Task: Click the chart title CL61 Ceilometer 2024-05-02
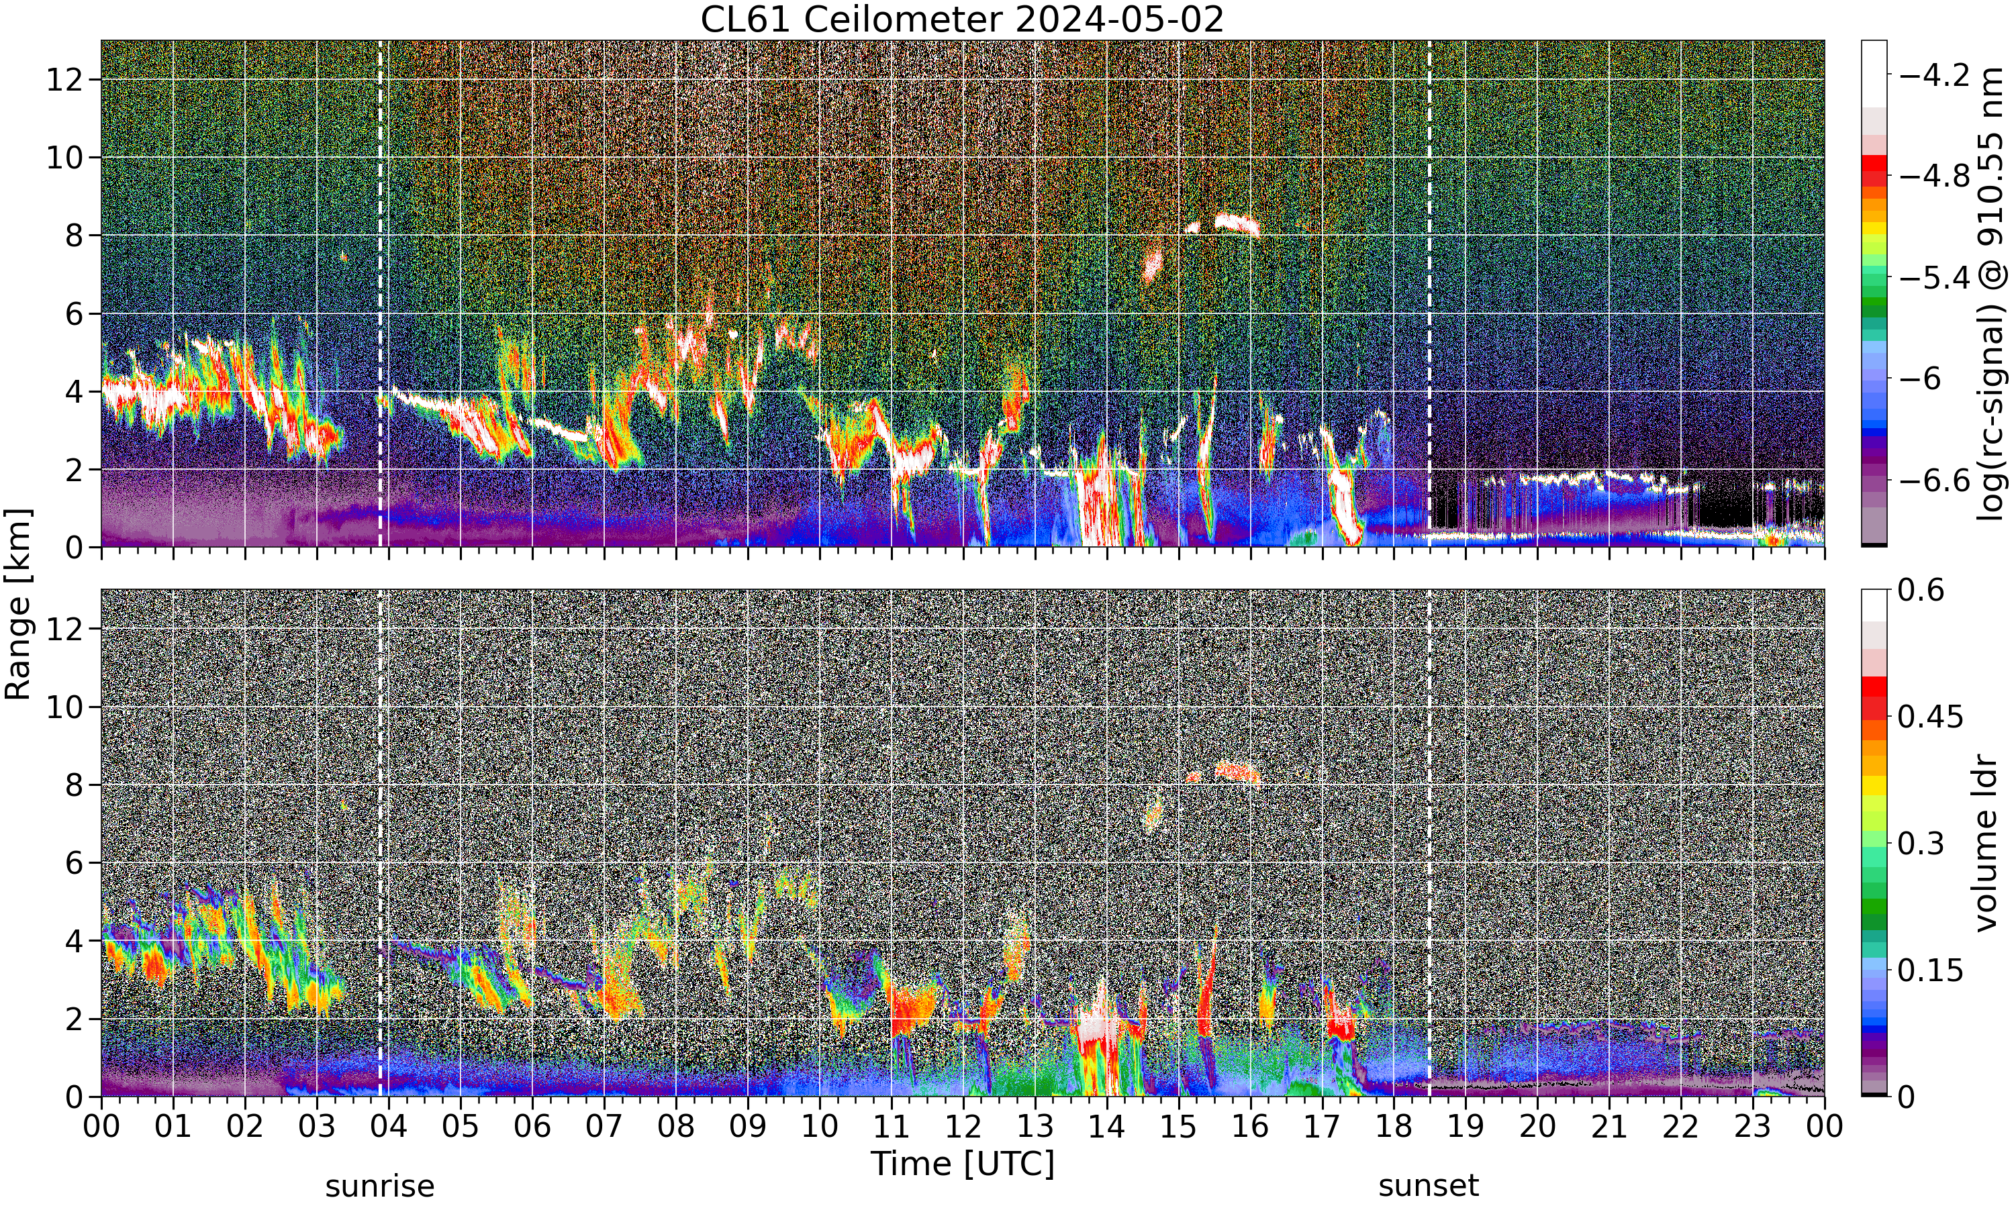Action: click(961, 19)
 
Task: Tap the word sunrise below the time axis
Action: click(379, 1186)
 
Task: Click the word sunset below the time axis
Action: click(1429, 1186)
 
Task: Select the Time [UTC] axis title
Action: click(962, 1163)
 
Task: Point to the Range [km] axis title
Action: click(18, 605)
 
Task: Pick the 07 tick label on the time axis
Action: click(604, 1127)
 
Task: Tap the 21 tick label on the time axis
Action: click(1609, 1127)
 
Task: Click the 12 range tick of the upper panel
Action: click(64, 80)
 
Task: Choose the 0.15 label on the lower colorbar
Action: click(1931, 970)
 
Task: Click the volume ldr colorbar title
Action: click(1987, 844)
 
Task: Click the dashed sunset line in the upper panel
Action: click(1429, 294)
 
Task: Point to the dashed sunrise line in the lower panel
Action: click(380, 842)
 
